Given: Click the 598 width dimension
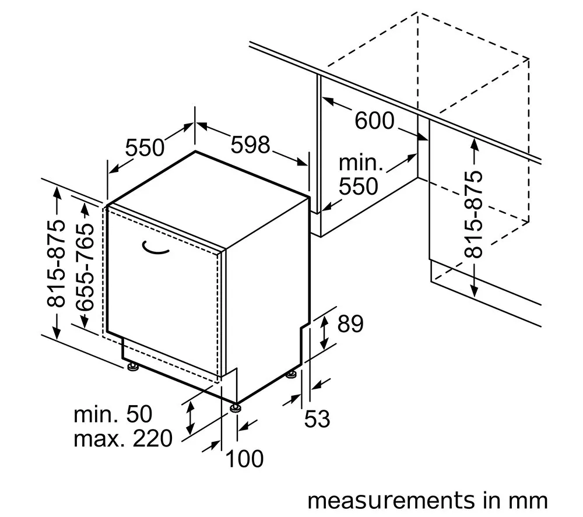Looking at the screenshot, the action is coord(250,145).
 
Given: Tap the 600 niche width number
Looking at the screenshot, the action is coord(374,121).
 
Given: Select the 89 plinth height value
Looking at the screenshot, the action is coord(350,323).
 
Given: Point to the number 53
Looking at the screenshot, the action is coord(317,419).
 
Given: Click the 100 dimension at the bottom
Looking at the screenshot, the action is coord(244,459).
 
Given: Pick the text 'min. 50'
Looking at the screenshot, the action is coord(113,414).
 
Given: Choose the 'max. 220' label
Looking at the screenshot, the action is coord(123,438).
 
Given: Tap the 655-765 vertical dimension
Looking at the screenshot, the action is coord(85,267).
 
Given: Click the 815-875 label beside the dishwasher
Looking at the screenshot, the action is coord(56,263).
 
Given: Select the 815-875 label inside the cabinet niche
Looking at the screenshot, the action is coord(474,214).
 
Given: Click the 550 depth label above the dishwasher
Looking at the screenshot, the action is coord(145,147).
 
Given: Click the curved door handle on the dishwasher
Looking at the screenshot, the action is coord(156,249).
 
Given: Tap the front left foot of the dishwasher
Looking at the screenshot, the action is coord(132,367).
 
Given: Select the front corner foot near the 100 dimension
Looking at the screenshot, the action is coord(236,408).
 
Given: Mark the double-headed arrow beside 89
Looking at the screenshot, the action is coord(325,332).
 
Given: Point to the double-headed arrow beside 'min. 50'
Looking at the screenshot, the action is coord(190,418).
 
